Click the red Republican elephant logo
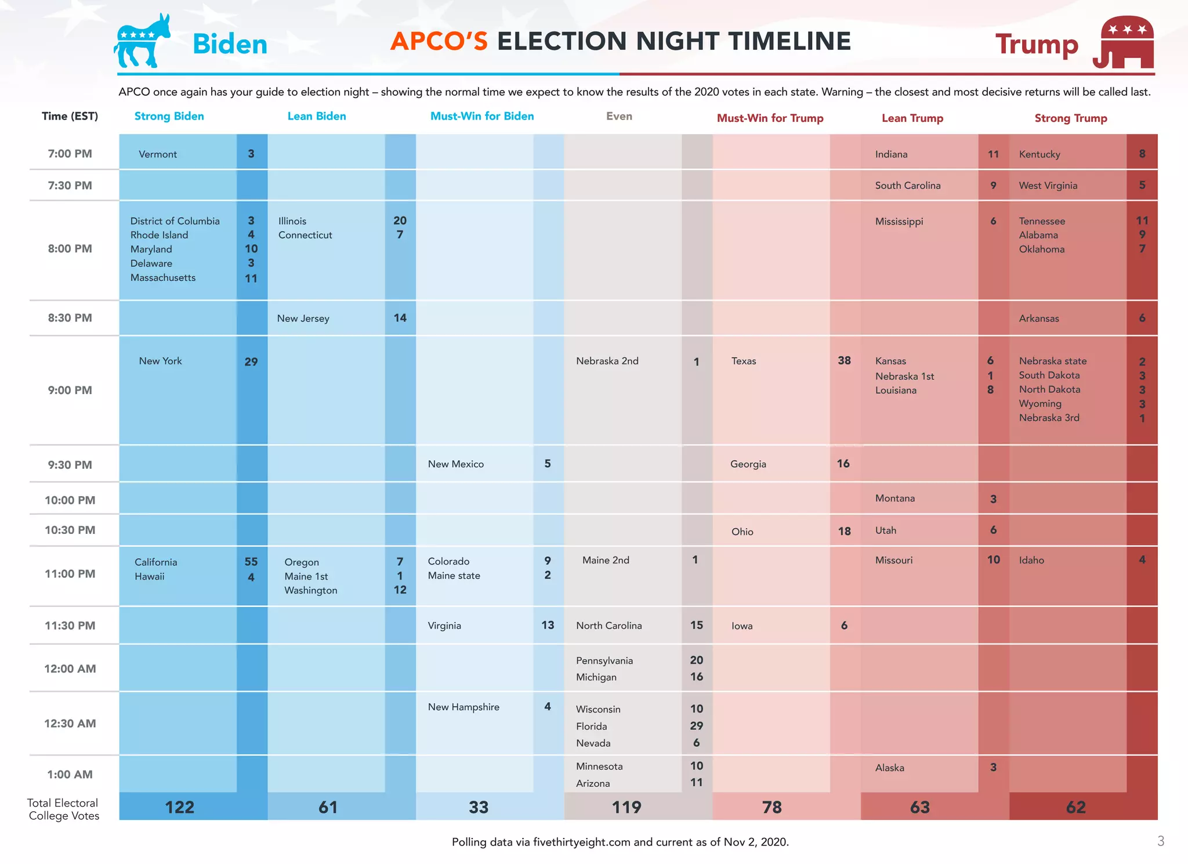click(x=1124, y=43)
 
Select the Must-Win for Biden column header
click(x=481, y=116)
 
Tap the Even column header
click(x=619, y=116)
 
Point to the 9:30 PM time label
click(x=70, y=465)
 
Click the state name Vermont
click(x=158, y=154)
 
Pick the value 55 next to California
click(x=251, y=562)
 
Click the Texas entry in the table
click(x=743, y=361)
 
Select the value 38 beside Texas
click(x=844, y=360)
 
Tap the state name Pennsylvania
click(x=604, y=661)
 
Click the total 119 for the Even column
click(x=626, y=807)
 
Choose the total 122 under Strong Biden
click(x=179, y=807)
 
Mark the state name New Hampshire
click(x=463, y=707)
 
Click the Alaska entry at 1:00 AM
click(x=889, y=768)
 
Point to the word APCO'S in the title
click(x=439, y=41)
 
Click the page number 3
click(x=1160, y=841)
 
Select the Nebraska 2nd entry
click(x=607, y=361)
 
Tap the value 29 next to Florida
click(x=696, y=726)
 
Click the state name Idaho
click(x=1031, y=561)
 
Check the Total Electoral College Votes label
click(x=63, y=809)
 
